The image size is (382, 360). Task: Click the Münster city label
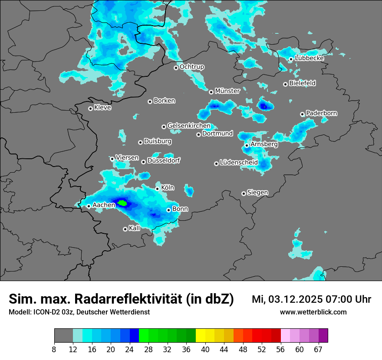pos(227,91)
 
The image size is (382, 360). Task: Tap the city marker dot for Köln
pos(158,189)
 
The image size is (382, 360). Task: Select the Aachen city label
pos(104,205)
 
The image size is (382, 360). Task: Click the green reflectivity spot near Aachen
pos(122,203)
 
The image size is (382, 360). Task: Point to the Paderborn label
pos(321,113)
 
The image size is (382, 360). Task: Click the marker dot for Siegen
pos(244,193)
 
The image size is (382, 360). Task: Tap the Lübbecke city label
pos(310,58)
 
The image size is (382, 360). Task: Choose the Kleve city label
pos(102,108)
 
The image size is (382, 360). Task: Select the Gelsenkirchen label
pos(189,126)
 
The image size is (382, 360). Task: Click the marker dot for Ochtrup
pos(176,68)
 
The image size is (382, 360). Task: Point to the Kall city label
pos(135,228)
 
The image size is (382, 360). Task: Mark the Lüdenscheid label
pos(239,163)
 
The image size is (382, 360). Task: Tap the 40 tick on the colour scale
pos(205,349)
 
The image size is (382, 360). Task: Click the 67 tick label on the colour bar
pos(319,349)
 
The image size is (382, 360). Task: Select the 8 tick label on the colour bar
pos(54,349)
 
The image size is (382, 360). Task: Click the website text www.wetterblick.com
pos(313,312)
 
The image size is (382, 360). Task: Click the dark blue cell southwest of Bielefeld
pos(263,105)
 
